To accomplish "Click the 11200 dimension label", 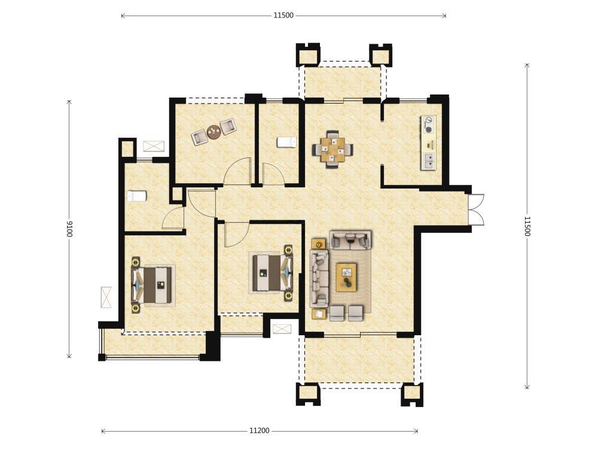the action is pos(260,430).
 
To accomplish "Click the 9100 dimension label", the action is pos(69,229).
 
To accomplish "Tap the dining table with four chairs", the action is pos(332,149).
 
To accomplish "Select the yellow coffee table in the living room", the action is pos(346,277).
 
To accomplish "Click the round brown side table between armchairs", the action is pos(213,132).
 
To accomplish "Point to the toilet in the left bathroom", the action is pos(136,196).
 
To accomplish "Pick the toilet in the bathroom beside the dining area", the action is pos(286,142).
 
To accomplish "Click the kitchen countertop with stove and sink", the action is pos(428,142).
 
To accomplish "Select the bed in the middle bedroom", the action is pos(271,272).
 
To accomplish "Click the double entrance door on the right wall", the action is pos(477,210).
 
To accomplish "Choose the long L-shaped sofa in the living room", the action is pos(319,278).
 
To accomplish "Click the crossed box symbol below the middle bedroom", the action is pos(282,328).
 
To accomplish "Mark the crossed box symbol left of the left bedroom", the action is pos(106,297).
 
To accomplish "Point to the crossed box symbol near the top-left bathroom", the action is pos(154,146).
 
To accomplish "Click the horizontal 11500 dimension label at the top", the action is pos(283,16).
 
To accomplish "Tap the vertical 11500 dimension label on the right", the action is pos(527,226).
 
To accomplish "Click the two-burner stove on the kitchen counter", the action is pos(429,125).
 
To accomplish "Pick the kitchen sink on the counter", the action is pos(429,160).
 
